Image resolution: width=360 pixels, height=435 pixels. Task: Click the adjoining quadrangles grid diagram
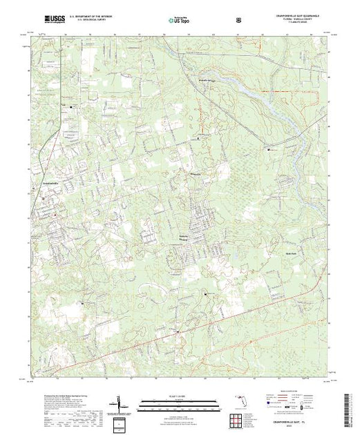tap(117, 420)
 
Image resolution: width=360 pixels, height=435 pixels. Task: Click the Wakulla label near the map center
tap(196, 175)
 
